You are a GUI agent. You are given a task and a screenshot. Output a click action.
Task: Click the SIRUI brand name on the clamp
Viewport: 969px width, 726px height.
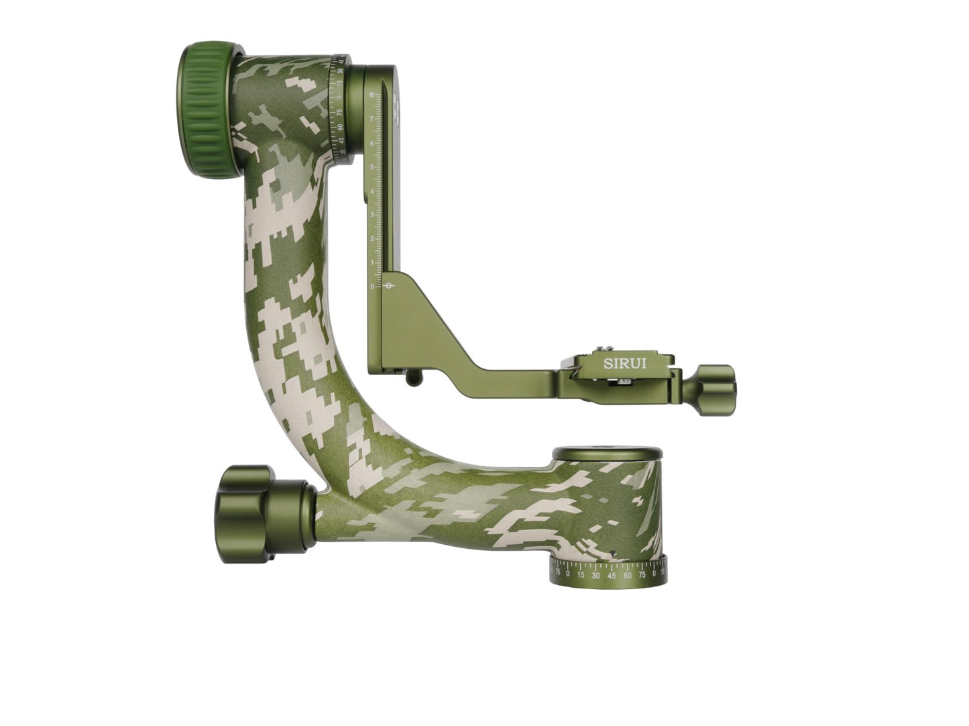(x=625, y=364)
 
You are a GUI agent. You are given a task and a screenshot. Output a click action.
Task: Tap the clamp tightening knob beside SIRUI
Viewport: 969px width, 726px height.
(x=716, y=385)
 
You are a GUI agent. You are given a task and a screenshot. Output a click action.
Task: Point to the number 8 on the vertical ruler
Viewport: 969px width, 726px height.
(x=372, y=95)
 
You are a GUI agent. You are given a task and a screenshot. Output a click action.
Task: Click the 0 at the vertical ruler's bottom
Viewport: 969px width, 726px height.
(x=372, y=287)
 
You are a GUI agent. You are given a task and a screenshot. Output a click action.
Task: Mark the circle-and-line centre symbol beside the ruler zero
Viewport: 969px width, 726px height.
(x=392, y=286)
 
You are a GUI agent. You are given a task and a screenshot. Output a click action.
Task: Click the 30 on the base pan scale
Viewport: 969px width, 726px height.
(x=595, y=574)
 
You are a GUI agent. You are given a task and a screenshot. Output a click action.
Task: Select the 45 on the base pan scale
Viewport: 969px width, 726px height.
(x=612, y=574)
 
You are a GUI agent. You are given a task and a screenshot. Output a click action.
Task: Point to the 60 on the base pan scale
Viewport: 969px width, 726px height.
(x=628, y=574)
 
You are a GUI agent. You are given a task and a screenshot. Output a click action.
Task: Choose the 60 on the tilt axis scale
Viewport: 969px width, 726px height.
(x=341, y=127)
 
